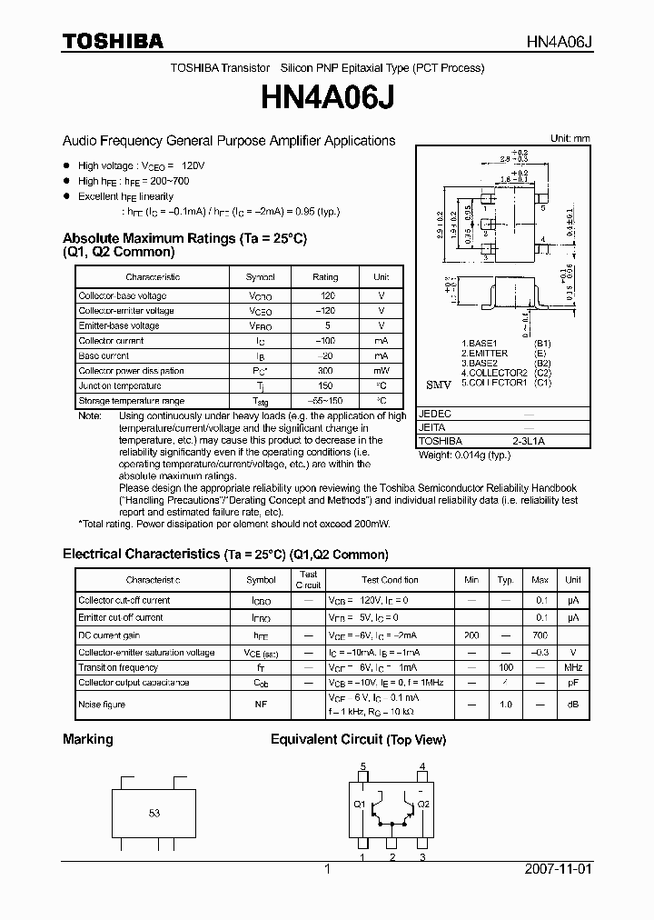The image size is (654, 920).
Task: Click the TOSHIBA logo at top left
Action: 113,42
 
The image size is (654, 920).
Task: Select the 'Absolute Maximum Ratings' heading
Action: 184,238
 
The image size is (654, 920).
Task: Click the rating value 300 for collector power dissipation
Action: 325,371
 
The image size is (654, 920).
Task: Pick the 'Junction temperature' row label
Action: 112,385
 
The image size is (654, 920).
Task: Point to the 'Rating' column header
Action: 325,276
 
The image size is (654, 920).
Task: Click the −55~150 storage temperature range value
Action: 325,401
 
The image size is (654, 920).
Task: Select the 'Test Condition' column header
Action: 390,579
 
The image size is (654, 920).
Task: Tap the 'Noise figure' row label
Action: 102,705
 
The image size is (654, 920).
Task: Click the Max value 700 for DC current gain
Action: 540,635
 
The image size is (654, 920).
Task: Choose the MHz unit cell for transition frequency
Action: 573,667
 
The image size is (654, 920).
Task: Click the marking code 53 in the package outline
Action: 154,813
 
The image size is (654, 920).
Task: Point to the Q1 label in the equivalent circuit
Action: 359,804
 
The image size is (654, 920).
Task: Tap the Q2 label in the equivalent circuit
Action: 423,804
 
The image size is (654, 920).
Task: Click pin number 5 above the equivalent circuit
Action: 363,766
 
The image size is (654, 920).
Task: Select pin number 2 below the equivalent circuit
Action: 392,856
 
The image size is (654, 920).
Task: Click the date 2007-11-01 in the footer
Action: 558,869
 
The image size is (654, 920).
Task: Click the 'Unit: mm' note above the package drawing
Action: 570,138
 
